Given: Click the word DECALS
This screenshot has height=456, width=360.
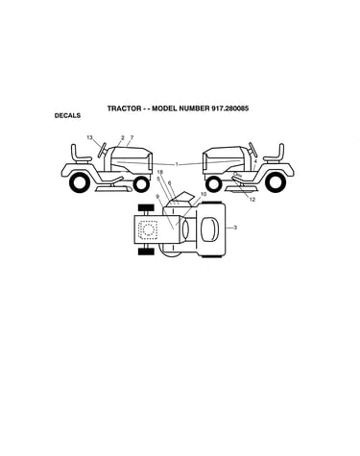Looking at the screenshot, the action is click(67, 115).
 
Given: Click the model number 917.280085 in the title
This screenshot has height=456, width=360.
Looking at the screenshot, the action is click(229, 108).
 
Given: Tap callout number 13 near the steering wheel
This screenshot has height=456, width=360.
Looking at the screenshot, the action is click(89, 137).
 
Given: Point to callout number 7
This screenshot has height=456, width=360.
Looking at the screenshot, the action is click(132, 137).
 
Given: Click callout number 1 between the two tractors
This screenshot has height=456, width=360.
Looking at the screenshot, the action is click(177, 164).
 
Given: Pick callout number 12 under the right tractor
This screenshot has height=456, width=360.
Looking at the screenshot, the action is click(252, 200).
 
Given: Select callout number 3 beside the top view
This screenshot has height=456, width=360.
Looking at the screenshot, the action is click(235, 228).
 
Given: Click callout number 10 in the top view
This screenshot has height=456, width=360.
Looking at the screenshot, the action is click(204, 194).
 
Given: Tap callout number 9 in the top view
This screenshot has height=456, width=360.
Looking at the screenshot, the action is click(157, 196).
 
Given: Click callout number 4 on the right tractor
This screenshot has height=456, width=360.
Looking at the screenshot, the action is click(255, 161).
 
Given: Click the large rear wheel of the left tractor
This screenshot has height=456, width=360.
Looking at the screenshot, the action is click(80, 182).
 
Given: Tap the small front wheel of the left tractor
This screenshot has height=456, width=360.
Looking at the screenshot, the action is click(141, 184).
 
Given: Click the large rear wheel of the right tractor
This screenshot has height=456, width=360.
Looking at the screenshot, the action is click(276, 182).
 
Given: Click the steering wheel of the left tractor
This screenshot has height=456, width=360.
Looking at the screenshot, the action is click(103, 150).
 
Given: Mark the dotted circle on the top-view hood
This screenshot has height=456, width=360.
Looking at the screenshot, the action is click(149, 229).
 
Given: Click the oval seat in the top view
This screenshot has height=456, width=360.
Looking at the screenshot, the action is click(209, 229).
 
